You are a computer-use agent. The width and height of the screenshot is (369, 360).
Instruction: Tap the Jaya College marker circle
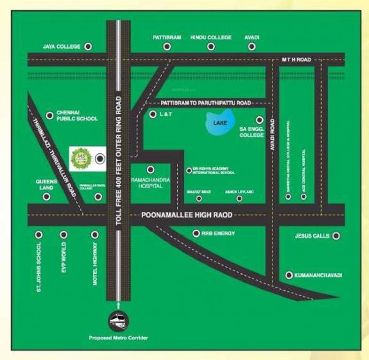(x=88, y=46)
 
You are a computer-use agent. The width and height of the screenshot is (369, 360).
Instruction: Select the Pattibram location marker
(x=167, y=46)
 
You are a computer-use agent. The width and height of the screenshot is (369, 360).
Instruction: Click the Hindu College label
(x=211, y=37)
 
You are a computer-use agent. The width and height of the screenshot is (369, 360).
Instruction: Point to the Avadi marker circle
(x=252, y=46)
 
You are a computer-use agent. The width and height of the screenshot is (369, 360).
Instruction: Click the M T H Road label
(x=296, y=60)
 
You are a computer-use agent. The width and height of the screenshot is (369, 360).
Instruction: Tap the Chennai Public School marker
(x=50, y=115)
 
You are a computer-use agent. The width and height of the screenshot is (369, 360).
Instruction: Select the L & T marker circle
(x=152, y=114)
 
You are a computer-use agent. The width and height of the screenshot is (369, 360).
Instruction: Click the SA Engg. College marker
(x=259, y=120)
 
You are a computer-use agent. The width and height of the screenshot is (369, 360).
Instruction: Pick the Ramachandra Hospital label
(x=151, y=183)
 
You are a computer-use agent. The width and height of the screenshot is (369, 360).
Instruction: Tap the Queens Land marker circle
(x=46, y=197)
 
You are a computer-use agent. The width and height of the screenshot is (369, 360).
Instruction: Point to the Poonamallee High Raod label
(x=187, y=215)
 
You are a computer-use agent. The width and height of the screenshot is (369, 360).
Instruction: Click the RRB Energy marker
(x=196, y=233)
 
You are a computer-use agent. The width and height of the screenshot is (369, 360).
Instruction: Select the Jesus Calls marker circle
(x=336, y=236)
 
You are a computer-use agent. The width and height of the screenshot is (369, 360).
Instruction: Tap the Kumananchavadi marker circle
(x=289, y=275)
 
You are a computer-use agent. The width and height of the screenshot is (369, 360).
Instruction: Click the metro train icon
(x=118, y=321)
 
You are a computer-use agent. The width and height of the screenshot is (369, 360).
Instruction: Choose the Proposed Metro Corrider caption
(x=118, y=338)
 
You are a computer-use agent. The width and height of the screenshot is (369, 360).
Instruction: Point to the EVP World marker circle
(x=63, y=234)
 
